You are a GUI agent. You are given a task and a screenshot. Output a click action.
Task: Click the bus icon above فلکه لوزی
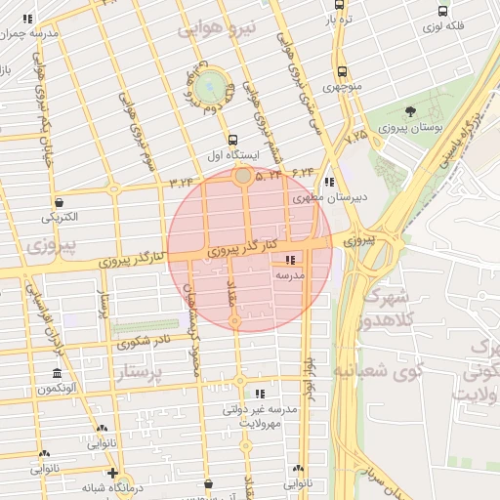(x=443, y=12)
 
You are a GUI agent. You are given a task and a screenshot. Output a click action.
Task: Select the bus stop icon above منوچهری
(x=341, y=72)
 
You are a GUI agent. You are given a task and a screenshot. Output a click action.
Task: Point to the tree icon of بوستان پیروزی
(x=410, y=111)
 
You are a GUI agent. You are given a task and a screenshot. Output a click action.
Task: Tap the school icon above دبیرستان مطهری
(x=329, y=182)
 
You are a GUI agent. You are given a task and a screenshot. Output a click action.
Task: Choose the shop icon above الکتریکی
(x=62, y=203)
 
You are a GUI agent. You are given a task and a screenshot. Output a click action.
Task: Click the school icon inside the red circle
(x=289, y=261)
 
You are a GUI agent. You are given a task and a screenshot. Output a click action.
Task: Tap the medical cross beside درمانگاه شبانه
(x=114, y=473)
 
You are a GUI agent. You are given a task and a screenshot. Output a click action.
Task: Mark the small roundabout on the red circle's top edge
(x=242, y=177)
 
